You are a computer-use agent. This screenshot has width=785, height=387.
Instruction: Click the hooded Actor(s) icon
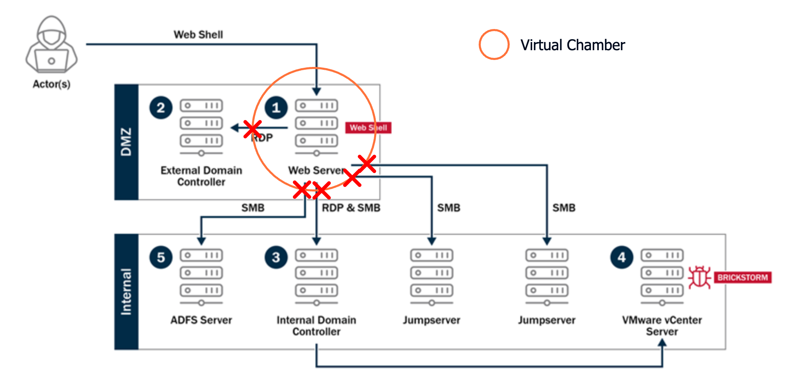[x=51, y=45]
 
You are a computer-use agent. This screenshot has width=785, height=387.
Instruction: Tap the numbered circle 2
[x=161, y=107]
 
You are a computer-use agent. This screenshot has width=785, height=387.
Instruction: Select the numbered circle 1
[x=276, y=107]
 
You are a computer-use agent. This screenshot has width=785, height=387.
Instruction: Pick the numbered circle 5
[x=161, y=257]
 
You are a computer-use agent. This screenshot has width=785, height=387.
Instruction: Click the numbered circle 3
[x=276, y=257]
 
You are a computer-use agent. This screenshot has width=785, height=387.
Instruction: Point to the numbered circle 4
[x=622, y=257]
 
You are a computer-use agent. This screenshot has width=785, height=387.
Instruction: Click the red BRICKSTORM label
[x=743, y=278]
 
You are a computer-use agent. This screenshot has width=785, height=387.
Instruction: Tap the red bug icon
[x=699, y=278]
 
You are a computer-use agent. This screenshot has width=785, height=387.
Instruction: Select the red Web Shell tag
[x=368, y=128]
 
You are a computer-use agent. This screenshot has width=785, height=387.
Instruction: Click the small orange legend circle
[x=494, y=44]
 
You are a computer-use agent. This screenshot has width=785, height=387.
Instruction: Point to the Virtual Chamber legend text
[x=573, y=45]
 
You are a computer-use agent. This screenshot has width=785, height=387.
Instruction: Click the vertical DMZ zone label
[x=126, y=142]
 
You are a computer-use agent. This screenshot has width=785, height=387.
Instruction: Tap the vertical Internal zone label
[x=126, y=291]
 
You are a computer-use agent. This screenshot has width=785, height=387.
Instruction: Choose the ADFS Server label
[x=201, y=320]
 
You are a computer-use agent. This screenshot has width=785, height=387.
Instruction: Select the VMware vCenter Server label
[x=662, y=325]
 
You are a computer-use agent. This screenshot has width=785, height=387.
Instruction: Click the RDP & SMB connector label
[x=351, y=208]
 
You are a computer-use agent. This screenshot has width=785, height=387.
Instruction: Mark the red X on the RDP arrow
[x=253, y=129]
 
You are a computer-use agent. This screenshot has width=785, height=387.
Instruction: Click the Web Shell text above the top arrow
[x=198, y=35]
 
